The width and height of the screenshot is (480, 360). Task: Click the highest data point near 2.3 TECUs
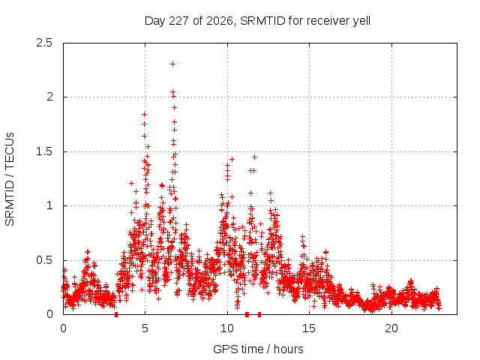pyautogui.click(x=172, y=64)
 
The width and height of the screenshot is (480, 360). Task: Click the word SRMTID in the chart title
pyautogui.click(x=262, y=21)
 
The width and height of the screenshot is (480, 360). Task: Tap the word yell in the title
pyautogui.click(x=361, y=21)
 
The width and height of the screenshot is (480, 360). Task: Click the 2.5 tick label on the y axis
pyautogui.click(x=44, y=43)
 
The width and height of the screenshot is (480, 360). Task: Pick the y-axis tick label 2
pyautogui.click(x=49, y=97)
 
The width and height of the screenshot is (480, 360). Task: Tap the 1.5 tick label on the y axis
pyautogui.click(x=44, y=151)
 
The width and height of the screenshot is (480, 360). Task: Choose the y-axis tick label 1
pyautogui.click(x=49, y=205)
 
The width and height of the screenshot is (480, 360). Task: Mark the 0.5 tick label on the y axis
pyautogui.click(x=44, y=260)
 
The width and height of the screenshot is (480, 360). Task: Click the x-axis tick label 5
pyautogui.click(x=145, y=328)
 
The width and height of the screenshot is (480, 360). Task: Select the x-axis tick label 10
pyautogui.click(x=227, y=328)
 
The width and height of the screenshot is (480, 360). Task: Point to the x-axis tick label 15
pyautogui.click(x=309, y=328)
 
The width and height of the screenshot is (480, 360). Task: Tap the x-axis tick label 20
pyautogui.click(x=391, y=328)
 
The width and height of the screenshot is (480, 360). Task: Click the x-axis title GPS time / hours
pyautogui.click(x=258, y=349)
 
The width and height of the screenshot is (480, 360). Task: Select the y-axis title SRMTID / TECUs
pyautogui.click(x=10, y=179)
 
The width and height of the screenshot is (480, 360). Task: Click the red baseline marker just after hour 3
pyautogui.click(x=116, y=315)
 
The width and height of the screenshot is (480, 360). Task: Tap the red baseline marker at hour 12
pyautogui.click(x=259, y=315)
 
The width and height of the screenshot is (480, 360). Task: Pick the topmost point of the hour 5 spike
pyautogui.click(x=144, y=114)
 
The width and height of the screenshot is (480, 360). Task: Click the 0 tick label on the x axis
pyautogui.click(x=63, y=328)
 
